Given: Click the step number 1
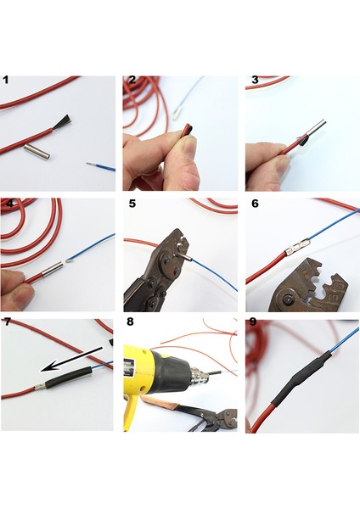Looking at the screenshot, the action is click(x=6, y=80).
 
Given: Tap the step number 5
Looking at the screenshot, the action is click(x=132, y=204).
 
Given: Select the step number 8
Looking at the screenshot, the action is click(x=130, y=322).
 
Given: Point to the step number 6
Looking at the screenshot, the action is click(x=255, y=204).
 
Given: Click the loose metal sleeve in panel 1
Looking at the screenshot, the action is click(x=37, y=152).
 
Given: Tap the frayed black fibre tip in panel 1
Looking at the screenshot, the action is click(x=61, y=121).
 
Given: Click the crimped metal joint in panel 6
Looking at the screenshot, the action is click(x=297, y=248).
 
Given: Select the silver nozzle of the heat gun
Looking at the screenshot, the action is click(x=198, y=377).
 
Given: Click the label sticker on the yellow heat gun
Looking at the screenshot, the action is click(x=129, y=368).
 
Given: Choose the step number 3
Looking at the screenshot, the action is click(x=255, y=80).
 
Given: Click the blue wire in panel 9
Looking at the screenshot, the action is click(x=345, y=338).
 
